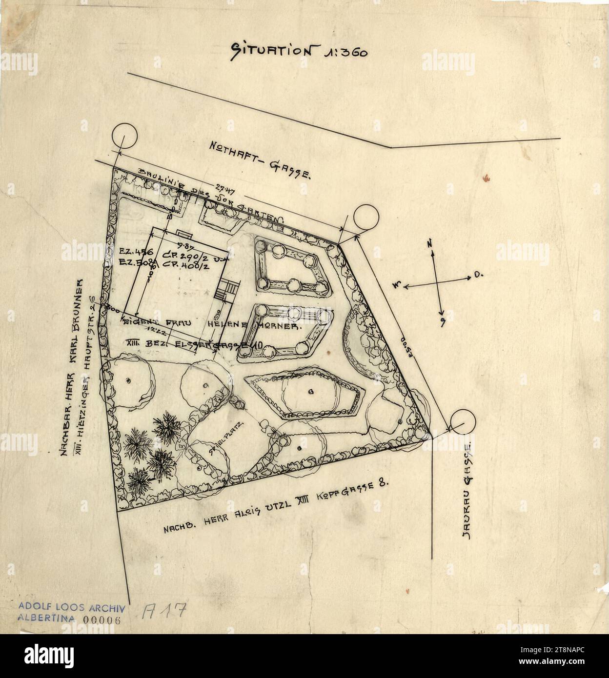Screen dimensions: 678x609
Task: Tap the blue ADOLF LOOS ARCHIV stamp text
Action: pos(73,608)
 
